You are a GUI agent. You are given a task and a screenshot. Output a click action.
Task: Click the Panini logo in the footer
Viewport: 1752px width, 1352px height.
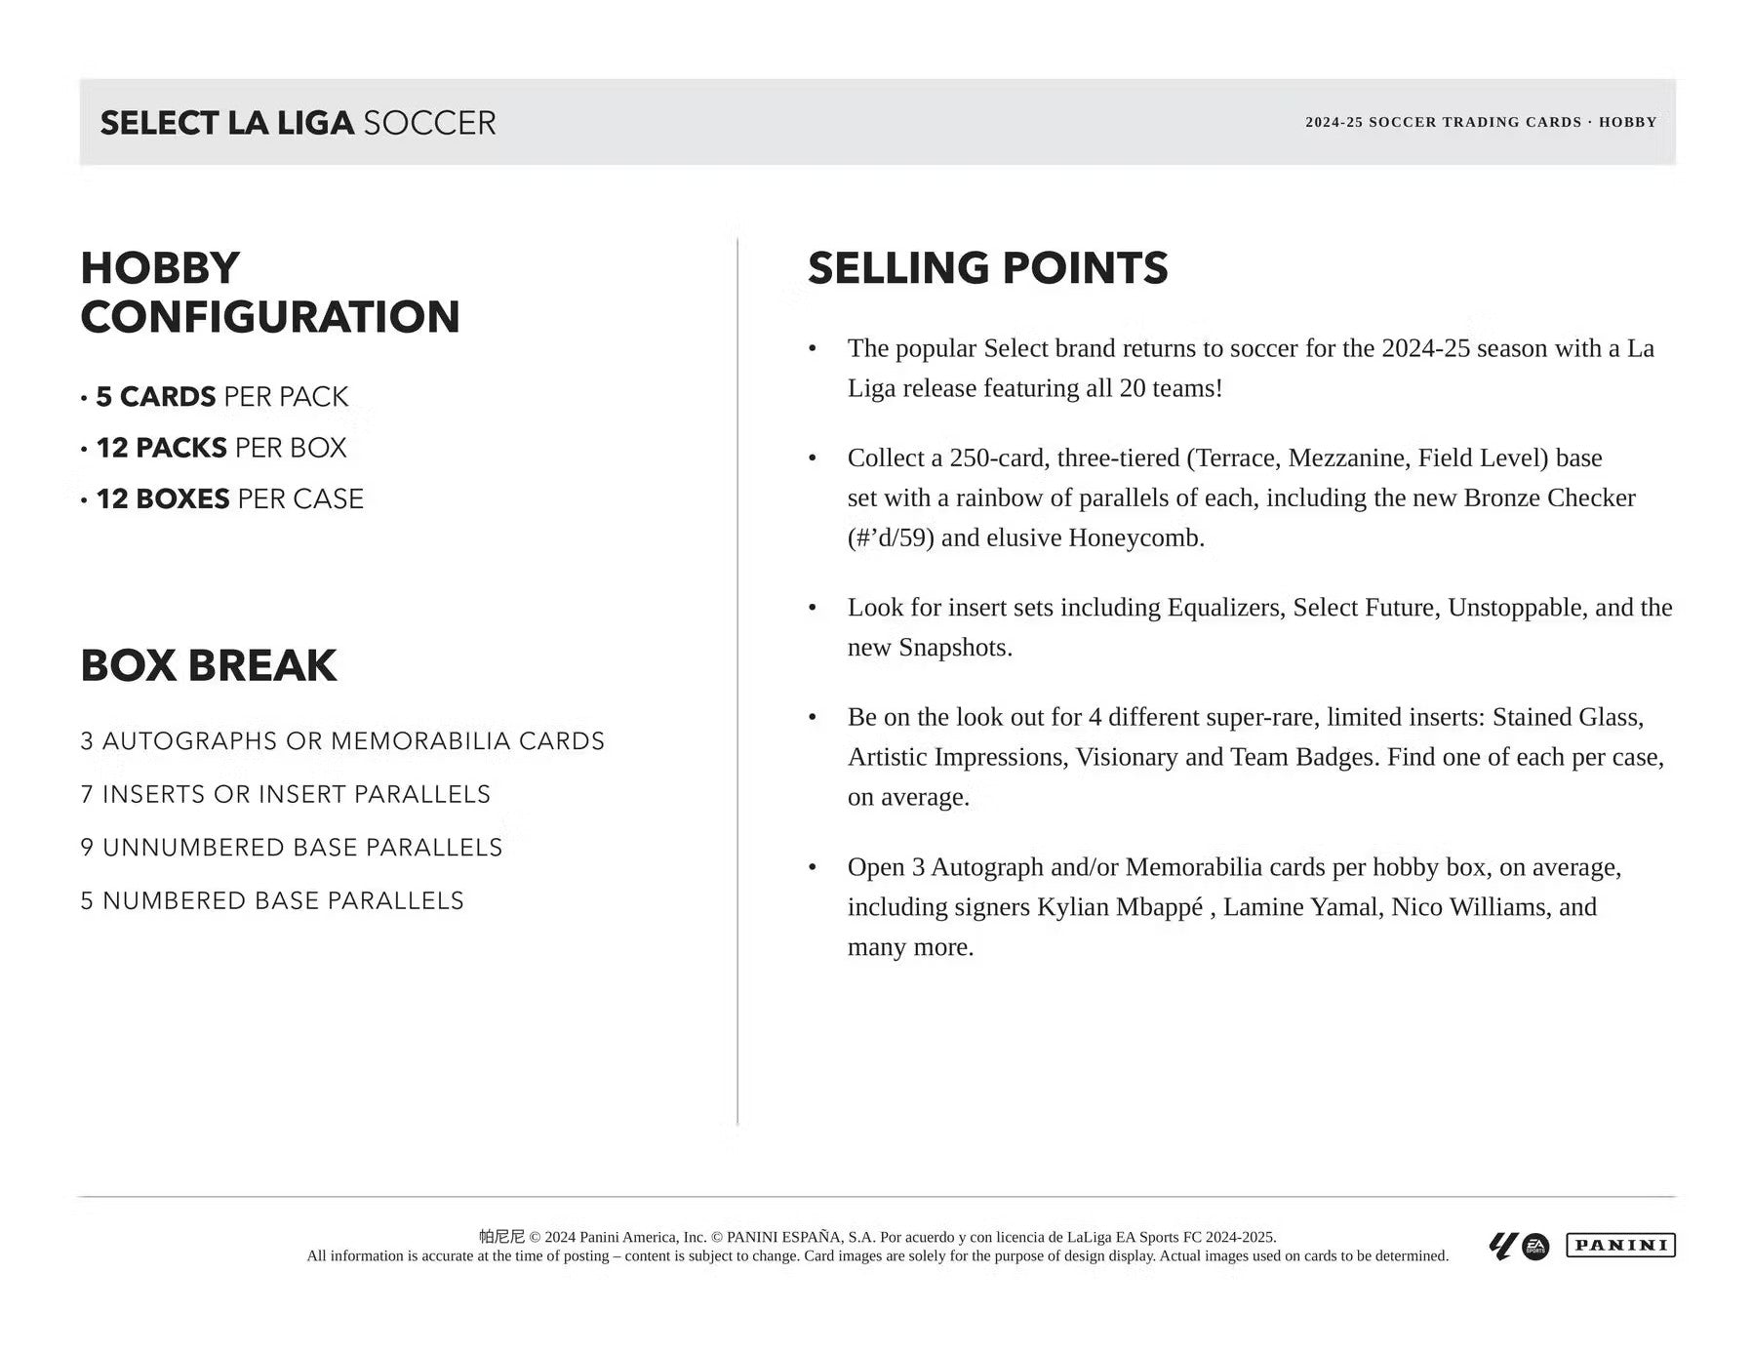click(1619, 1245)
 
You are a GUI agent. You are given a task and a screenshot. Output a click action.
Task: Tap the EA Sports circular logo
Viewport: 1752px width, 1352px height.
click(1535, 1247)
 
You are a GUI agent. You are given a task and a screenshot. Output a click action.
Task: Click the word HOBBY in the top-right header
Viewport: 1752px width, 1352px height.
click(1627, 122)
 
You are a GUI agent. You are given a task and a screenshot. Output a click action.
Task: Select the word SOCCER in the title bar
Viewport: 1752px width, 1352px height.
click(429, 123)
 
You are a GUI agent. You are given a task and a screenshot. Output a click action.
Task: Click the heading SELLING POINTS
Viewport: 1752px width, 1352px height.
click(987, 268)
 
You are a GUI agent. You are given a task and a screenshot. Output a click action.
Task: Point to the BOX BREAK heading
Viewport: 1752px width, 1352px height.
click(208, 665)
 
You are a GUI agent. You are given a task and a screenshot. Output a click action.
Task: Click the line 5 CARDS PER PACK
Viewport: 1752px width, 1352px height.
click(221, 396)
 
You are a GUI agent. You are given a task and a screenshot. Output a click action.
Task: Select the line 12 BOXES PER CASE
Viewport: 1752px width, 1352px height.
click(229, 498)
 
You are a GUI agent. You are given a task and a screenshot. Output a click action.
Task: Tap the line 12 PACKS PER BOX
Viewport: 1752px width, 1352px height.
click(221, 448)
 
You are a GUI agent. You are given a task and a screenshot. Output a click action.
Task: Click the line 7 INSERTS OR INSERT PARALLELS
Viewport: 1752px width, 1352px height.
click(285, 794)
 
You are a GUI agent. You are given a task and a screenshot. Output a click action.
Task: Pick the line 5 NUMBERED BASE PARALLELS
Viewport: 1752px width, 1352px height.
click(272, 900)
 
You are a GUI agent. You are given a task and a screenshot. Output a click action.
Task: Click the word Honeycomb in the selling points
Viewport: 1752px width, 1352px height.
click(1135, 537)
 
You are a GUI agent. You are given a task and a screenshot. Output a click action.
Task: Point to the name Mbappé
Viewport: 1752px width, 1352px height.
click(1159, 907)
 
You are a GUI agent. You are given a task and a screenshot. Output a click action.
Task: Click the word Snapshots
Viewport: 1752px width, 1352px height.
click(954, 648)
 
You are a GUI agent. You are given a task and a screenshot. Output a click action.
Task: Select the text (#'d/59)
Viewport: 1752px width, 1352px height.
click(891, 537)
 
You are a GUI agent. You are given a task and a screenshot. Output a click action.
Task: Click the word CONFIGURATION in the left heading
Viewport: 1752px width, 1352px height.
click(270, 317)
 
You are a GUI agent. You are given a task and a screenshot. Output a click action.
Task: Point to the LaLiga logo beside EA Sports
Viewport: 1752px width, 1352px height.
click(1502, 1247)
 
